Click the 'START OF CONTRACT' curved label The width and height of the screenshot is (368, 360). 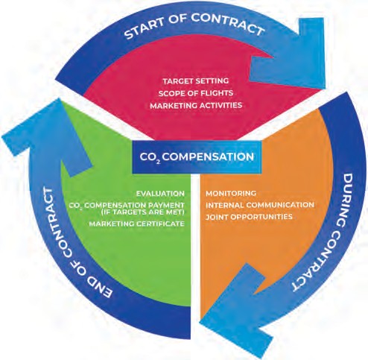click(x=194, y=25)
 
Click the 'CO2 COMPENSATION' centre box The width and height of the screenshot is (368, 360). click(x=197, y=157)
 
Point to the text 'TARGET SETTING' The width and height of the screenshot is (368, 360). click(x=196, y=81)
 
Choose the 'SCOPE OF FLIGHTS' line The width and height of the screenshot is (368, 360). click(x=196, y=93)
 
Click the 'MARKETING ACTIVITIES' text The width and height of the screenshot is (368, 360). click(x=196, y=105)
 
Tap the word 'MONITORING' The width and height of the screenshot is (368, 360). click(x=231, y=193)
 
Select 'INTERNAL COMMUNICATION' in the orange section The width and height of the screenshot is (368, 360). click(x=260, y=205)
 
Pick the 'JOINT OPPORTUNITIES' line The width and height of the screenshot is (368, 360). click(x=249, y=217)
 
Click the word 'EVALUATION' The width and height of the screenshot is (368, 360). click(x=160, y=194)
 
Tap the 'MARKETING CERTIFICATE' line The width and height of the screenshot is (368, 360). click(x=137, y=224)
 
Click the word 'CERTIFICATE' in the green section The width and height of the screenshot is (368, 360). click(x=160, y=224)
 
